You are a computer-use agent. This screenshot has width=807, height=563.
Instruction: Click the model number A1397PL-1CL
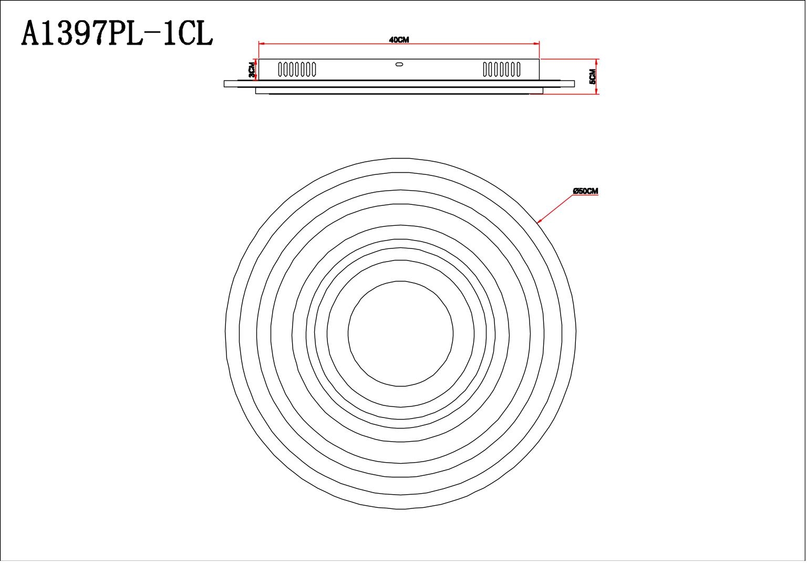tap(118, 34)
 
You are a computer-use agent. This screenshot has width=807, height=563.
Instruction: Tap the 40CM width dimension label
tap(399, 40)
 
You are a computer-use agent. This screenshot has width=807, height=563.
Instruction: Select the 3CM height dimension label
tap(252, 69)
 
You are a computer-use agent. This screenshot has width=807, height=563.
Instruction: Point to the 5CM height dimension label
tap(593, 77)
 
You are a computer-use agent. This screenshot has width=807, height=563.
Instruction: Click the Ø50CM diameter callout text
tap(586, 191)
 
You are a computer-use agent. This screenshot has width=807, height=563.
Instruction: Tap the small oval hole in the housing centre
tap(398, 65)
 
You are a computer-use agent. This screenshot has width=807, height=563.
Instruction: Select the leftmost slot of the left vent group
tap(280, 69)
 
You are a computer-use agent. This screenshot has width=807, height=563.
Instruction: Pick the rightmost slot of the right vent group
tap(518, 69)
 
